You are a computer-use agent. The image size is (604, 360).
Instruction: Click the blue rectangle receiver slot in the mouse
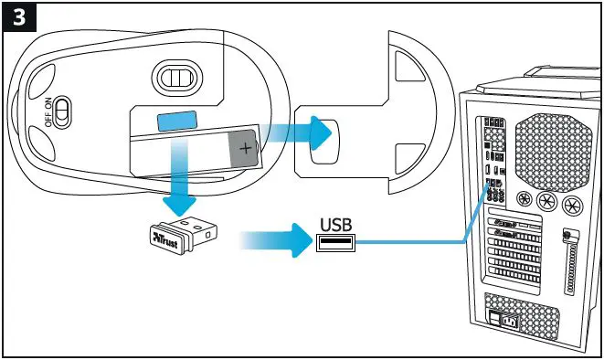point(178,122)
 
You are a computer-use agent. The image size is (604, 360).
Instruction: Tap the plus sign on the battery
point(245,144)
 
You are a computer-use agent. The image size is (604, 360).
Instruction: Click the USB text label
point(334,222)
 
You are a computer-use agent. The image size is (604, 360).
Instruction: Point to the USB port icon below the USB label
point(335,242)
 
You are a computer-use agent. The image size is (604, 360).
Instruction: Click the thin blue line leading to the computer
point(411,243)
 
